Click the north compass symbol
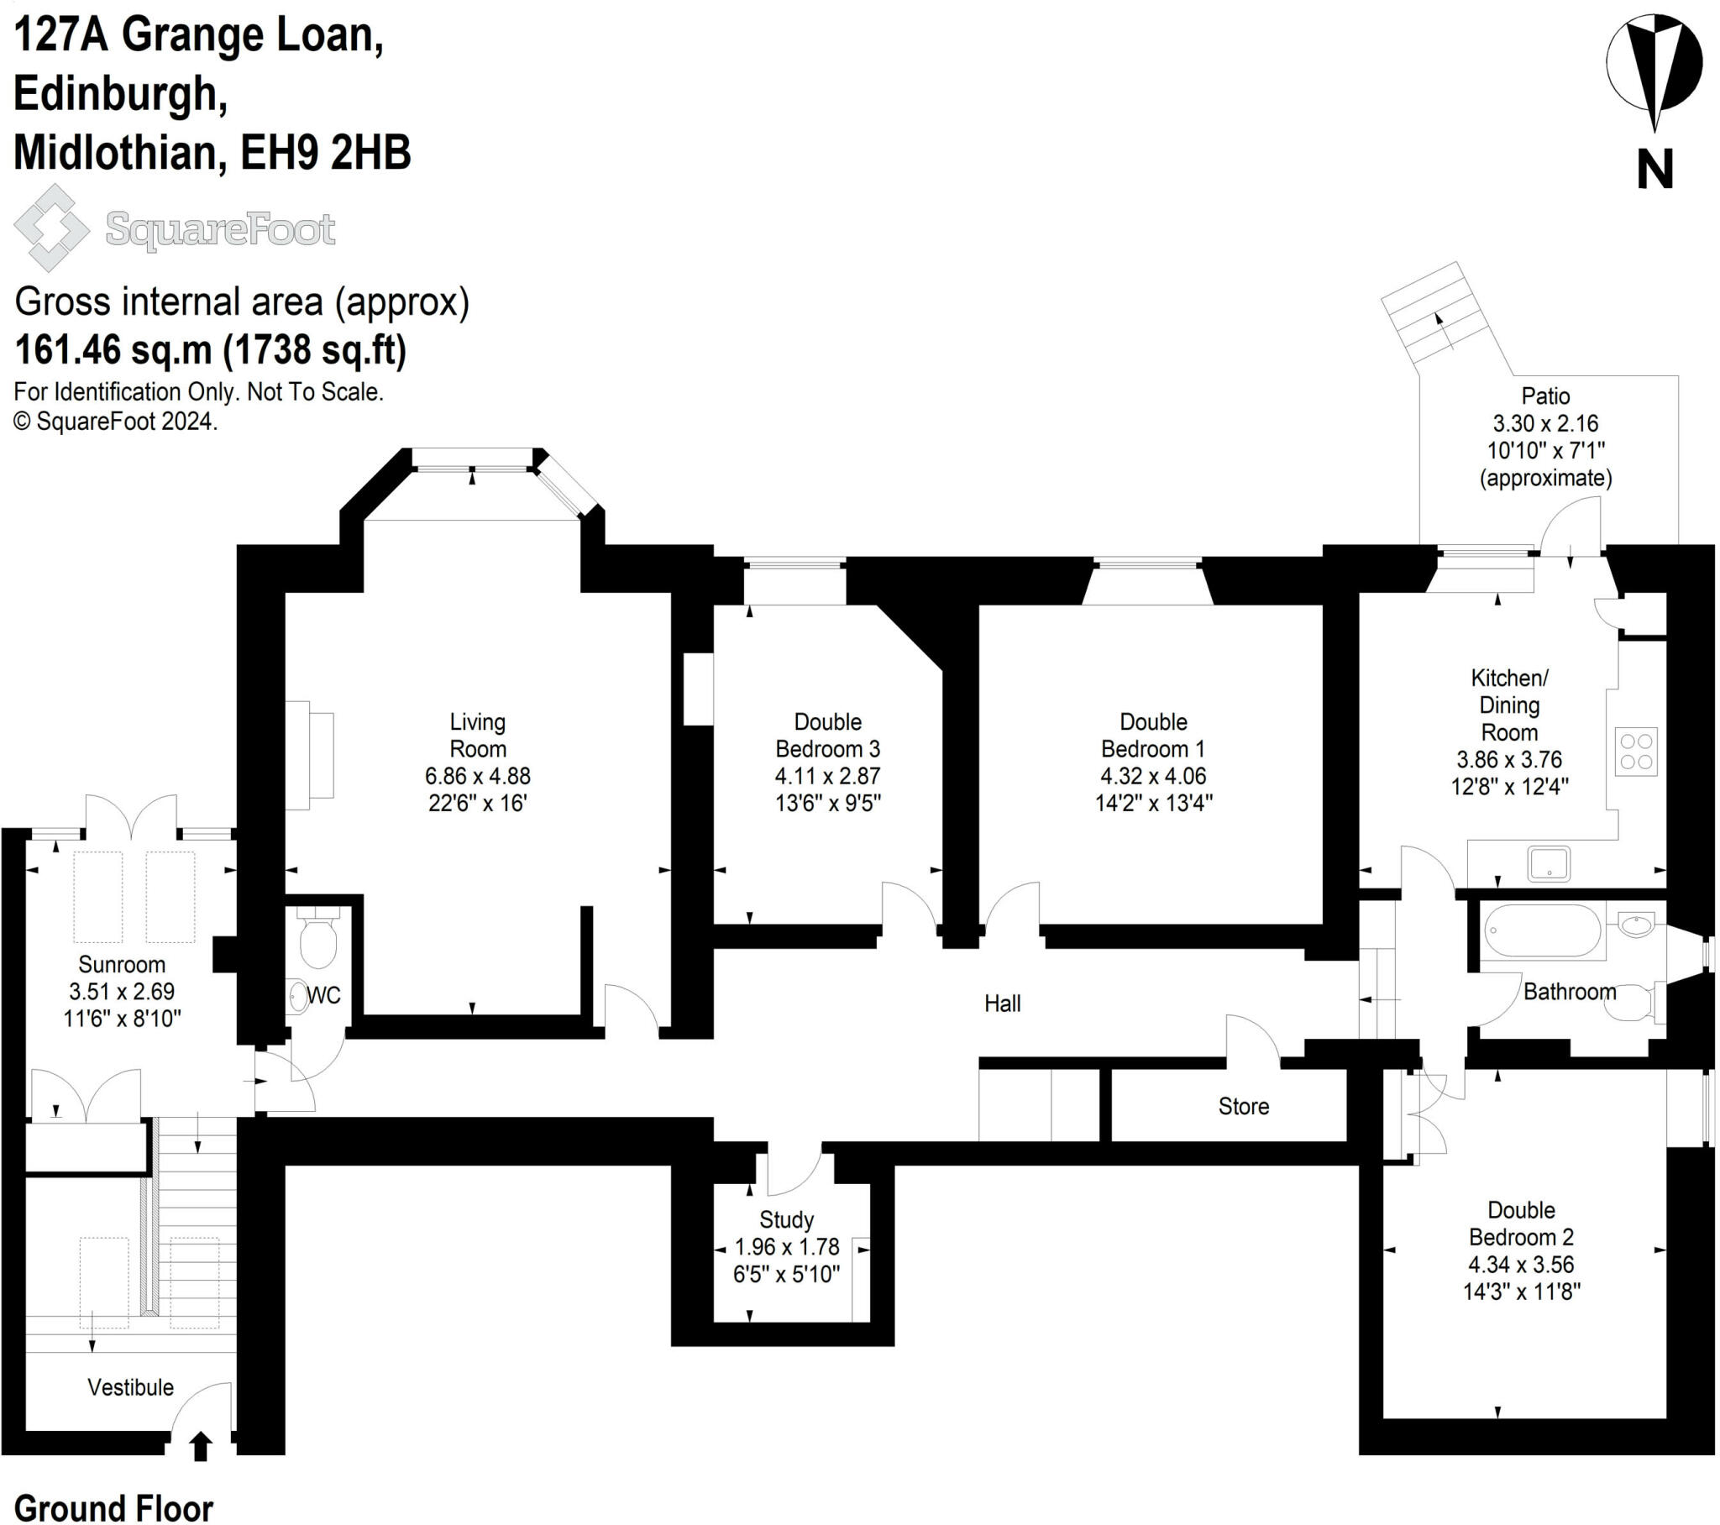point(1654,74)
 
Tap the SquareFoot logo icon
point(52,228)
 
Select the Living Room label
point(477,735)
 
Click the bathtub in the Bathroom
point(1542,930)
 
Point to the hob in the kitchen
point(1636,752)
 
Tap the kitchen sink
point(1549,863)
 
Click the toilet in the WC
point(318,937)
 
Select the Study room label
point(787,1219)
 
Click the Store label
point(1243,1106)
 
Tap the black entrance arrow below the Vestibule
point(200,1447)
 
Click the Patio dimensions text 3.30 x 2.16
point(1546,423)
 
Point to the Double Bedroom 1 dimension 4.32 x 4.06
point(1153,776)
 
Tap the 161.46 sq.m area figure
point(113,349)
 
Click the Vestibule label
point(130,1387)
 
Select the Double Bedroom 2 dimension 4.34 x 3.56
point(1522,1264)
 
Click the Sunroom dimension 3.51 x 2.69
point(122,992)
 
